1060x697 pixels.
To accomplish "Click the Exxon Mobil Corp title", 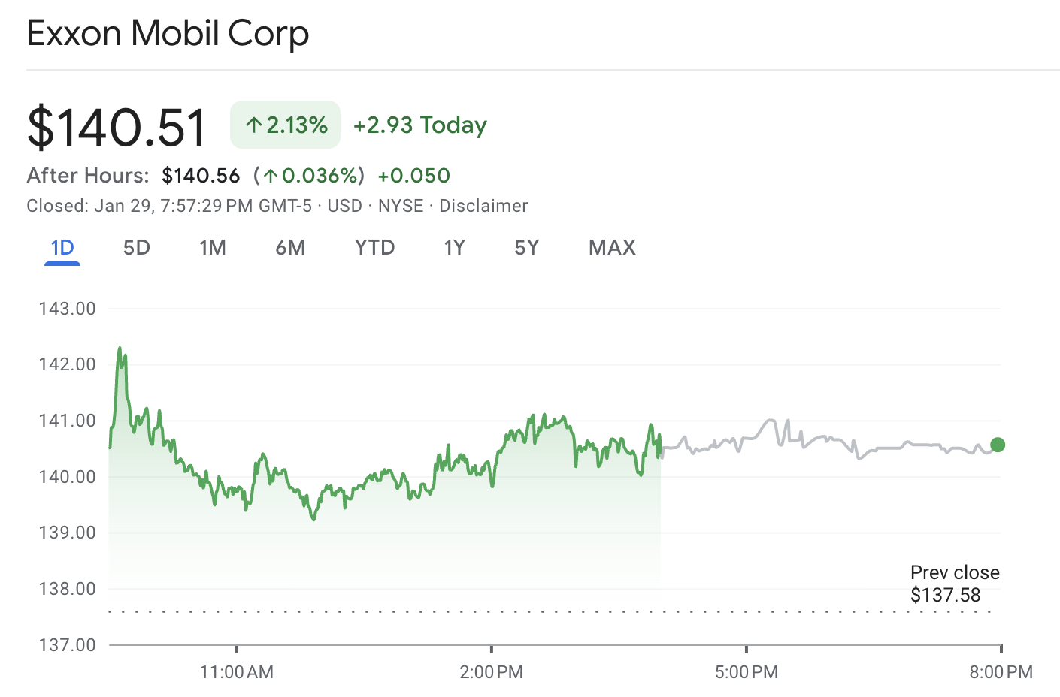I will point(168,34).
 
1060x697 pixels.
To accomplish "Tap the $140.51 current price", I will point(117,127).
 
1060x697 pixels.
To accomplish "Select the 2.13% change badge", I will point(285,125).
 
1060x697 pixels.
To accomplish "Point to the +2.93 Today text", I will point(420,125).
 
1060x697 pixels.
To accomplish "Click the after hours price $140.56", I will point(201,176).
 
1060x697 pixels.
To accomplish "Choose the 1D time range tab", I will point(62,248).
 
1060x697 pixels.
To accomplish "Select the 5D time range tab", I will point(137,248).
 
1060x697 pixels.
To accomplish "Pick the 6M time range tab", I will point(290,248).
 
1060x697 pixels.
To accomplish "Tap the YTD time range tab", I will point(374,248).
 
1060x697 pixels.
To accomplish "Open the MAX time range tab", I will point(612,248).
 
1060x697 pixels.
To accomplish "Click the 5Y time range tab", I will point(526,248).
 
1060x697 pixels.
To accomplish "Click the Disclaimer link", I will point(483,206).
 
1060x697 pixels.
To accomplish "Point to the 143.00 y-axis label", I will point(68,309).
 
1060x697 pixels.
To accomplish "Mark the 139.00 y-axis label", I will point(68,533).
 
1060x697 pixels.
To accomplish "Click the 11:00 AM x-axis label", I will point(237,671).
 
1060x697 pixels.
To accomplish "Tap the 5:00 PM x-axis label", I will point(747,671).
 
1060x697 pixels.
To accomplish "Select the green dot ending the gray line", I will point(998,445).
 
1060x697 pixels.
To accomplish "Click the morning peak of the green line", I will point(120,349).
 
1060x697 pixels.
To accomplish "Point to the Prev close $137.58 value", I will point(945,596).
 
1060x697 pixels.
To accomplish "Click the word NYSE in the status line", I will point(401,206).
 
